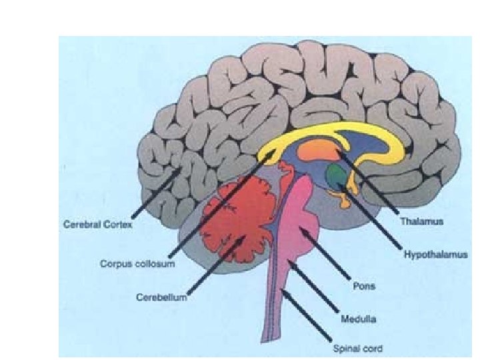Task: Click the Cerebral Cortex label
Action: (97, 225)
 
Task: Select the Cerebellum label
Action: (162, 296)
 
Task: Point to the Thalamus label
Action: (421, 219)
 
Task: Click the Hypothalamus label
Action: (435, 254)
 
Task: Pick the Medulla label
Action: (357, 319)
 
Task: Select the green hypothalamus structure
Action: (336, 176)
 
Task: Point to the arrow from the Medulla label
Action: (313, 290)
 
